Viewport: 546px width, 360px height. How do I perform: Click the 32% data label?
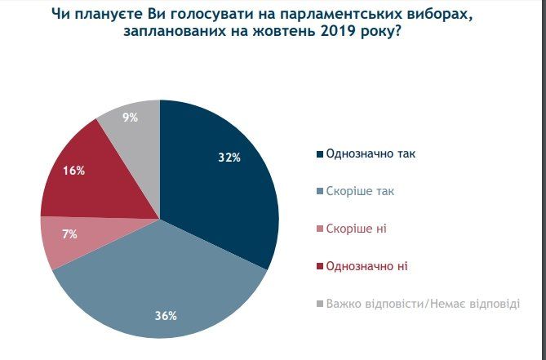click(229, 158)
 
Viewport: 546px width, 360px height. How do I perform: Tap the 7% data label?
click(69, 234)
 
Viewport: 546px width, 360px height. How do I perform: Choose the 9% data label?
click(130, 118)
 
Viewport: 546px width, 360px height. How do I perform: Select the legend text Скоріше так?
click(354, 191)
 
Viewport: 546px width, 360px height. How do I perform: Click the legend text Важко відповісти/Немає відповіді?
click(422, 304)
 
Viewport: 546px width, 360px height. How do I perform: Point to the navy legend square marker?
click(318, 154)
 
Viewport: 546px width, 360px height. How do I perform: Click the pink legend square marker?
click(318, 229)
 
